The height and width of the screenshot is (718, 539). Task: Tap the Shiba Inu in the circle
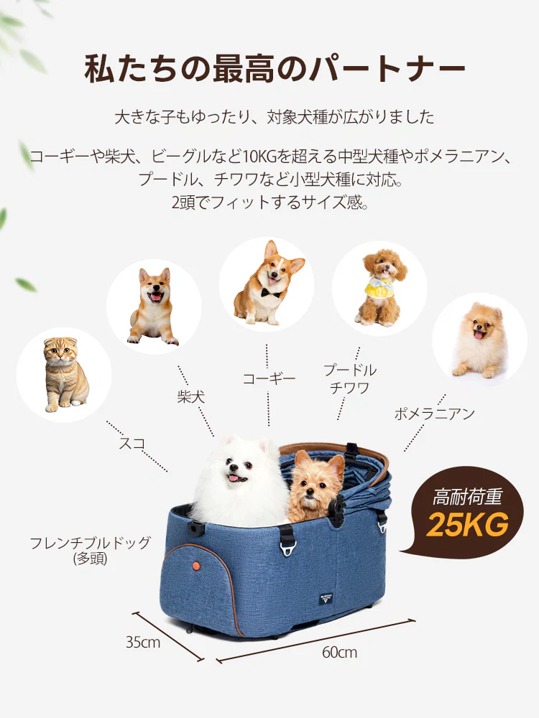(x=153, y=307)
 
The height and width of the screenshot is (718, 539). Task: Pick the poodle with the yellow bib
(x=379, y=286)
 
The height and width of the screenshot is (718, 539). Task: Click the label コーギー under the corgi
(x=269, y=378)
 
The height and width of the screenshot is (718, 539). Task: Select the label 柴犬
(x=190, y=396)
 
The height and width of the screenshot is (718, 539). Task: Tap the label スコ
(x=132, y=443)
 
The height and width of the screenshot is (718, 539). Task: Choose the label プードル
(x=350, y=370)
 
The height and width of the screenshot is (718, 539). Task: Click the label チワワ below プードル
(x=350, y=388)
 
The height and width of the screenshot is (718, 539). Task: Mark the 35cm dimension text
(x=143, y=642)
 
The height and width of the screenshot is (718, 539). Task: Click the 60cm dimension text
(x=339, y=653)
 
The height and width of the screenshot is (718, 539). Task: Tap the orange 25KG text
(x=467, y=525)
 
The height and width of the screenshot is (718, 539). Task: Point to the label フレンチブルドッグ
(x=91, y=542)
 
